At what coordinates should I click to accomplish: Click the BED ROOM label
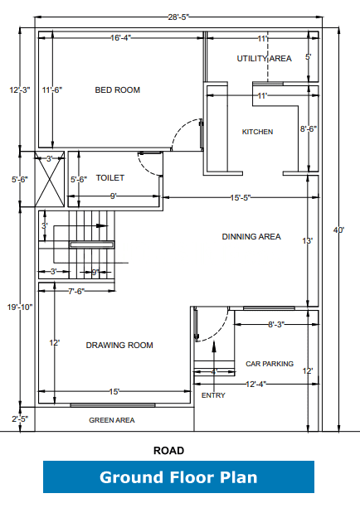(x=117, y=90)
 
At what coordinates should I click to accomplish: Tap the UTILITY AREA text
(x=264, y=58)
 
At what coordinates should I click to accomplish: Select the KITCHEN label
(x=257, y=132)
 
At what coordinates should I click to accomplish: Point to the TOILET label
(x=109, y=178)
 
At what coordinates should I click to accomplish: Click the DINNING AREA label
(x=251, y=237)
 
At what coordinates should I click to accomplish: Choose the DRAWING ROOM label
(x=119, y=346)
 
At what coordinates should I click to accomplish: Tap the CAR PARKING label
(x=270, y=364)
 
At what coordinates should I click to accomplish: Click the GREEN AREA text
(x=112, y=421)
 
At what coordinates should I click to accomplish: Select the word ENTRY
(x=213, y=396)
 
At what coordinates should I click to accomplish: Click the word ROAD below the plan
(x=168, y=451)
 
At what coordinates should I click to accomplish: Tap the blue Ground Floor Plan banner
(x=178, y=478)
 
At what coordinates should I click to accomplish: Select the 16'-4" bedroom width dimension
(x=121, y=37)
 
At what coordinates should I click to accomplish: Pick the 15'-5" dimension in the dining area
(x=241, y=198)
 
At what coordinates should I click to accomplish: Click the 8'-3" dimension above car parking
(x=275, y=325)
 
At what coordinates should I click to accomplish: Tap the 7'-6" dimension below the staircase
(x=76, y=291)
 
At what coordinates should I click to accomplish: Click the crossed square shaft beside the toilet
(x=48, y=178)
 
